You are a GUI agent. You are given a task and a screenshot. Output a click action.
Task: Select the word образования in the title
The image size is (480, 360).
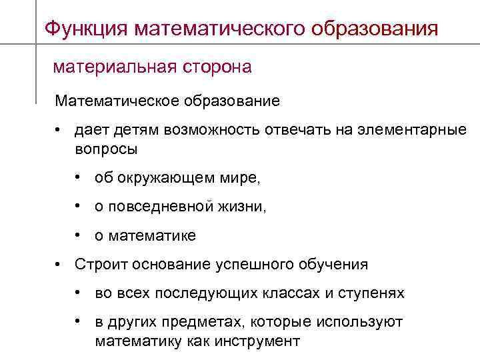click(377, 29)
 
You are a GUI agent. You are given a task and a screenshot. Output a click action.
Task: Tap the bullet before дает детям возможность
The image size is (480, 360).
click(59, 130)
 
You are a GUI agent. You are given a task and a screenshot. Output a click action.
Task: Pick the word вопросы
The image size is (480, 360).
click(106, 149)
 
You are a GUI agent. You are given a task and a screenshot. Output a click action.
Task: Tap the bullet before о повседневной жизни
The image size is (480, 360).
click(79, 207)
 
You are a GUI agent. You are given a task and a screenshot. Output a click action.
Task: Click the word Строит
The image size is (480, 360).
click(98, 265)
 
